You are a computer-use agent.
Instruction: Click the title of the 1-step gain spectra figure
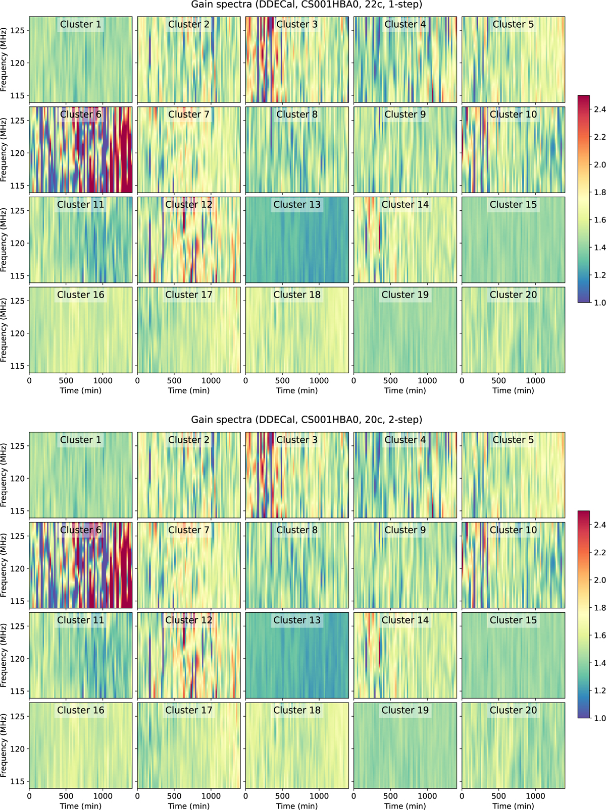307,5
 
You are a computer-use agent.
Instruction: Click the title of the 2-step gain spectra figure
307,420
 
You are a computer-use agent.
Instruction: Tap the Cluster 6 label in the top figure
81,114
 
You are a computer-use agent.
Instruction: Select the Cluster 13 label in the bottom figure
297,620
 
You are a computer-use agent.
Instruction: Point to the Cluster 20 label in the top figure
513,295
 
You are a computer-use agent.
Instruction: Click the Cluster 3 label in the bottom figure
297,440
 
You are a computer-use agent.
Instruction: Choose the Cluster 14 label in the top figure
405,204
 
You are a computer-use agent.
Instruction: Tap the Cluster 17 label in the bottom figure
189,710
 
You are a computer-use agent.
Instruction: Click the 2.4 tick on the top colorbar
599,109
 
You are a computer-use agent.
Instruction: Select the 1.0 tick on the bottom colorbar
599,718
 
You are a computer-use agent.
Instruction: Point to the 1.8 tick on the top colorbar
599,192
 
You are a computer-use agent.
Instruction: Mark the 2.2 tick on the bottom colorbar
599,553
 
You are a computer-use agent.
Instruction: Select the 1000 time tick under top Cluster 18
319,381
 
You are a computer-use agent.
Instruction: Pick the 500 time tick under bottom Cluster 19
390,796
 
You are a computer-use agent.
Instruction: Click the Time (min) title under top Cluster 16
81,390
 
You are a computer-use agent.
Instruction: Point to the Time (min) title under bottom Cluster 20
513,806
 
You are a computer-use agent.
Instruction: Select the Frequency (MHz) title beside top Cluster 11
5,240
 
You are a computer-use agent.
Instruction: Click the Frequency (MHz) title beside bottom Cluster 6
5,565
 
